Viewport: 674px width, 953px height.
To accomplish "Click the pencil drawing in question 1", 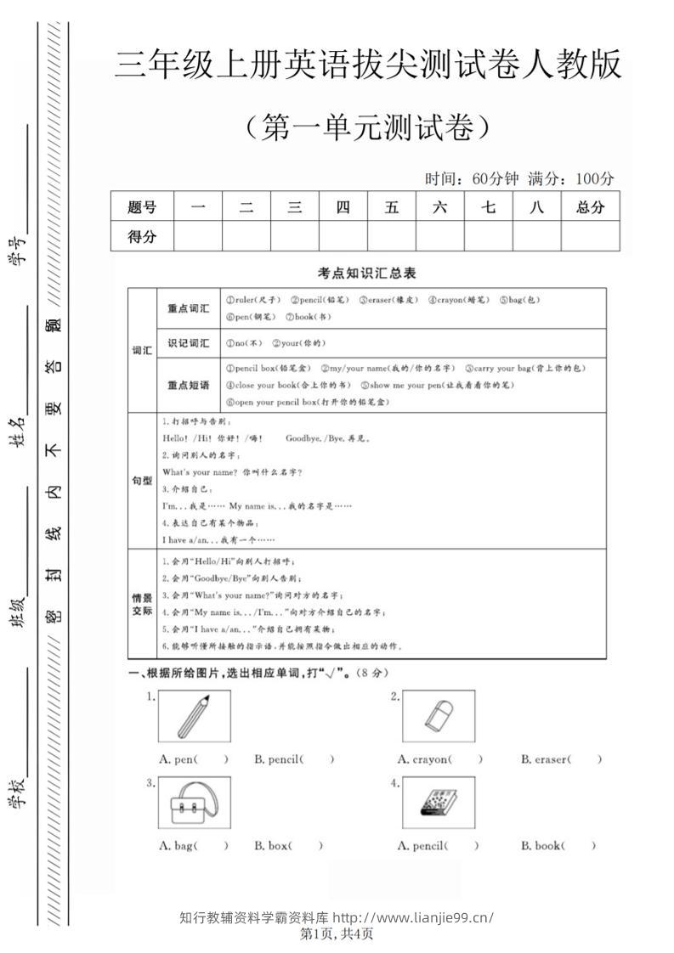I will click(x=194, y=717).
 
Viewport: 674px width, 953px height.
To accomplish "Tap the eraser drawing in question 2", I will click(x=438, y=717).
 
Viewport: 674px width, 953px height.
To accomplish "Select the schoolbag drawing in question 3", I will click(x=194, y=802).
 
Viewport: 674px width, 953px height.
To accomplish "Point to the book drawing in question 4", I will click(x=438, y=802).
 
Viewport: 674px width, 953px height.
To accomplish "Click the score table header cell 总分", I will click(x=590, y=206).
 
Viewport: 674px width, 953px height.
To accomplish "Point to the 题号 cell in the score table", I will click(x=142, y=206).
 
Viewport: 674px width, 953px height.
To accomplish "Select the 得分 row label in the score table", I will click(x=142, y=237).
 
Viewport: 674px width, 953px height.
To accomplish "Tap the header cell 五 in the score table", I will click(x=392, y=206).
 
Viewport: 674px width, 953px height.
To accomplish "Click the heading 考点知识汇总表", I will click(x=366, y=273).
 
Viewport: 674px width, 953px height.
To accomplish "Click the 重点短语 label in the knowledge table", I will click(x=188, y=385).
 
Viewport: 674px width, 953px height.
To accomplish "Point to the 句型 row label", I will click(x=142, y=481).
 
